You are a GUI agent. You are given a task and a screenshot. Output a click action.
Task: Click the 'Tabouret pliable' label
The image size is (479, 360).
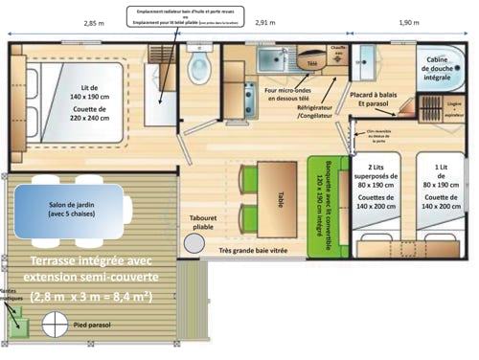(202, 221)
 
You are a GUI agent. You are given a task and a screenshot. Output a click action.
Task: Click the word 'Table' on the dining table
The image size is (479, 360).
(282, 197)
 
